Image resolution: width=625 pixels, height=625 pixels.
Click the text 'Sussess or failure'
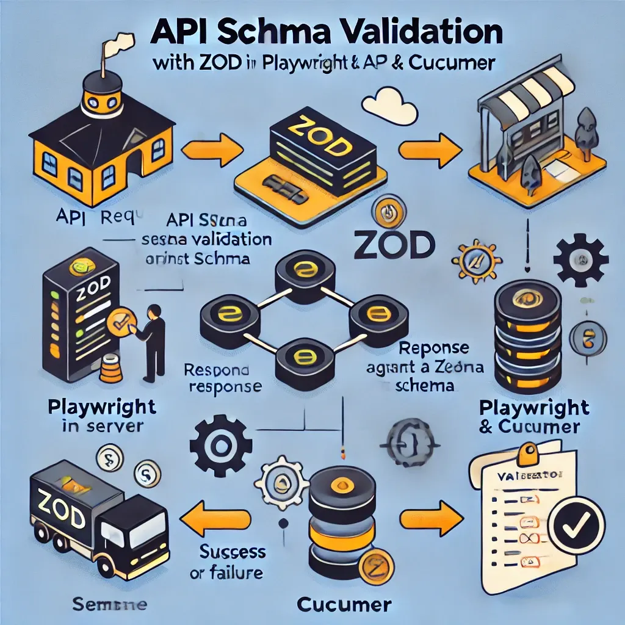coord(232,562)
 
